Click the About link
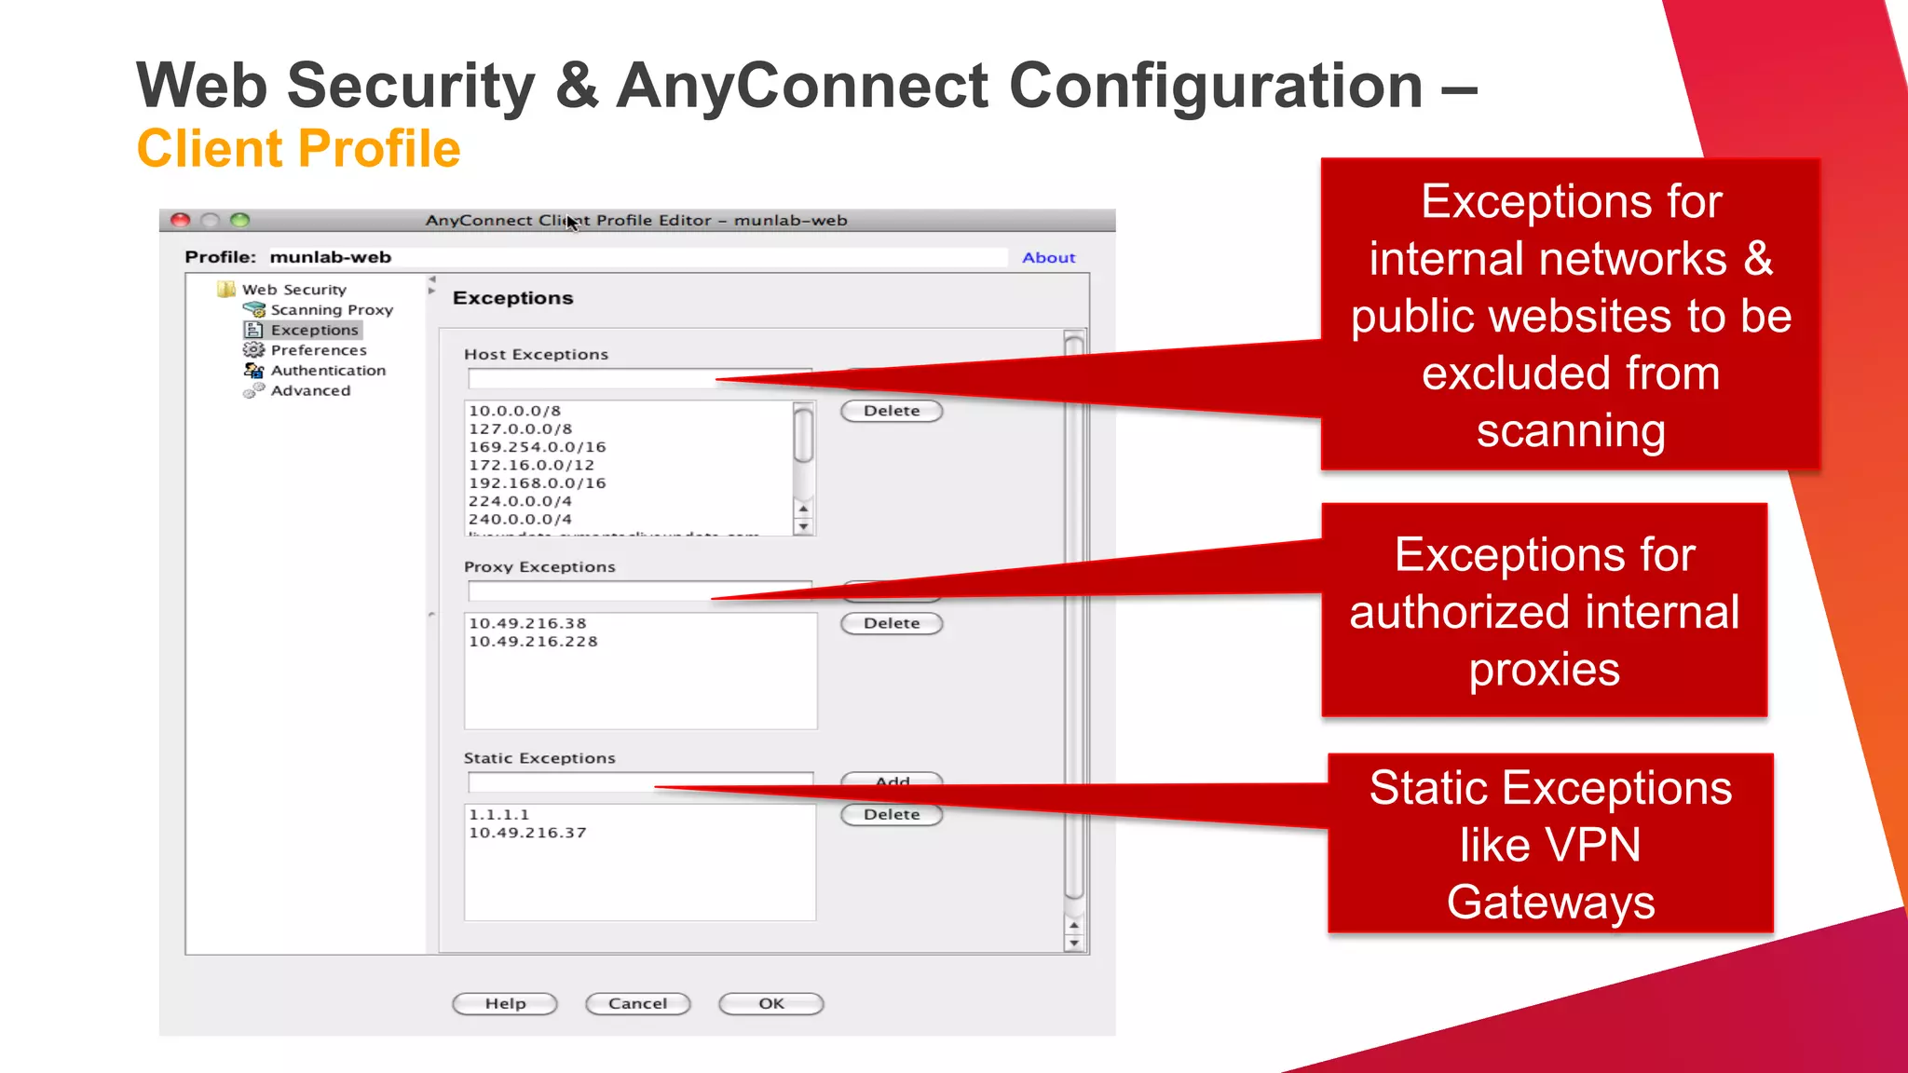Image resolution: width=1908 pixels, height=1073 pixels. [1048, 258]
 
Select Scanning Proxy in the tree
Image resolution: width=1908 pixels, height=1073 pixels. [331, 310]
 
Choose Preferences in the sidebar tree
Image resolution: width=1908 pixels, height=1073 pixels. [318, 350]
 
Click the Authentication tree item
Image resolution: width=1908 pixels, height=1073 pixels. [327, 371]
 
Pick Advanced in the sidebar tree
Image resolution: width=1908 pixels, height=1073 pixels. [310, 391]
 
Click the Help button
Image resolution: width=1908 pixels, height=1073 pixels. [505, 1004]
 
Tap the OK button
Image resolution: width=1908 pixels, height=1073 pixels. [770, 1004]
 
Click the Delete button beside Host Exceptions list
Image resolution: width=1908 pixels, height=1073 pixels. [892, 411]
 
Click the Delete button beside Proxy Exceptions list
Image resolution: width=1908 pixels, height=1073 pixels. [892, 623]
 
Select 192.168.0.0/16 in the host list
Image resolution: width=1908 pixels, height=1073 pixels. [537, 483]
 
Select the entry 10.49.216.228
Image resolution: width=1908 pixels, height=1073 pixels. [533, 642]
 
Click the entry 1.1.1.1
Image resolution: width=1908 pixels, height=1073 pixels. [498, 815]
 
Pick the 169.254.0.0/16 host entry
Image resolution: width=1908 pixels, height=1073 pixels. [537, 447]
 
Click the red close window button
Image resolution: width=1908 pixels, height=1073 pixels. [181, 221]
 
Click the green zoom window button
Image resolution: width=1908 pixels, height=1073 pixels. [240, 221]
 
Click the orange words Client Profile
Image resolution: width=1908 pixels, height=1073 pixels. [298, 149]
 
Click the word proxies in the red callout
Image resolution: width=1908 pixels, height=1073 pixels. [1544, 670]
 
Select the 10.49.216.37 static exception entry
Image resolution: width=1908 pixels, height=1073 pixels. [527, 833]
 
